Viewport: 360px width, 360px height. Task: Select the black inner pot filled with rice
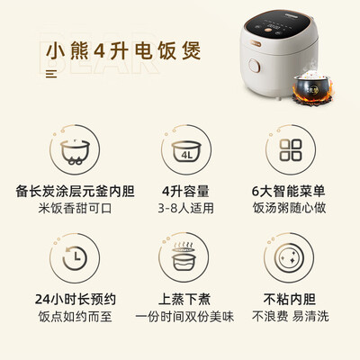pyautogui.click(x=309, y=90)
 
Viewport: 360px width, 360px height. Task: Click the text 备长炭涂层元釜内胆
pyautogui.click(x=70, y=193)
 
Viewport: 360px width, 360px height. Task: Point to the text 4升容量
pyautogui.click(x=179, y=193)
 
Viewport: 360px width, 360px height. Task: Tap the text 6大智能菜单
pyautogui.click(x=290, y=193)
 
